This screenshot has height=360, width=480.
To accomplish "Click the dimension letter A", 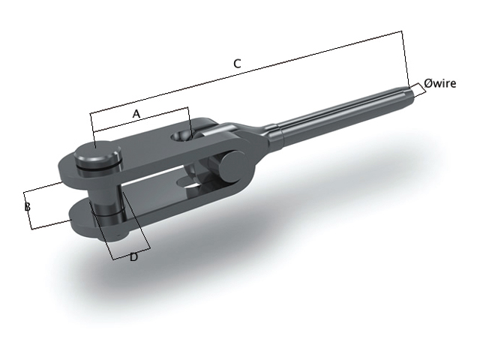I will pos(136,113).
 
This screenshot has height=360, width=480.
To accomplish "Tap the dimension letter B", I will pos(27,205).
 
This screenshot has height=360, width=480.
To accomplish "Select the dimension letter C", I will pos(237,64).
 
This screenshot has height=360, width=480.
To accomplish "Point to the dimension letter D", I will pos(133,257).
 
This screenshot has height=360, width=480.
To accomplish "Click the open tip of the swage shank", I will pos(410,93).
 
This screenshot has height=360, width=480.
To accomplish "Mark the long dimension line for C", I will pos(247,73).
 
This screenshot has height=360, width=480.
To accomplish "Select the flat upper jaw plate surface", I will pos(150,146).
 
